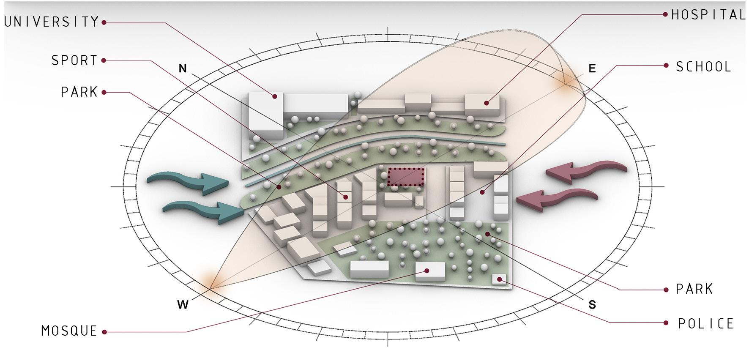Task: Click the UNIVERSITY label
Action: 52,22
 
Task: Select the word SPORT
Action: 74,60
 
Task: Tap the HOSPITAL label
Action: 708,15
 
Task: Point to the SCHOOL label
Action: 704,67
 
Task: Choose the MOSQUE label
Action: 69,331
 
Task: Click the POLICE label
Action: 706,324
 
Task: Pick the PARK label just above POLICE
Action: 694,290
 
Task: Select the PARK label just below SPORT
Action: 79,92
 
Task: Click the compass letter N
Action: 183,68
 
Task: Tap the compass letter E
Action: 592,68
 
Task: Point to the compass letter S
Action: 592,304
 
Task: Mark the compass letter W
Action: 183,304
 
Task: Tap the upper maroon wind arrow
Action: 585,170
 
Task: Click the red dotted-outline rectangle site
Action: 405,177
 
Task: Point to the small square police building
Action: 499,279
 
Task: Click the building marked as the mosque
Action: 430,271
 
